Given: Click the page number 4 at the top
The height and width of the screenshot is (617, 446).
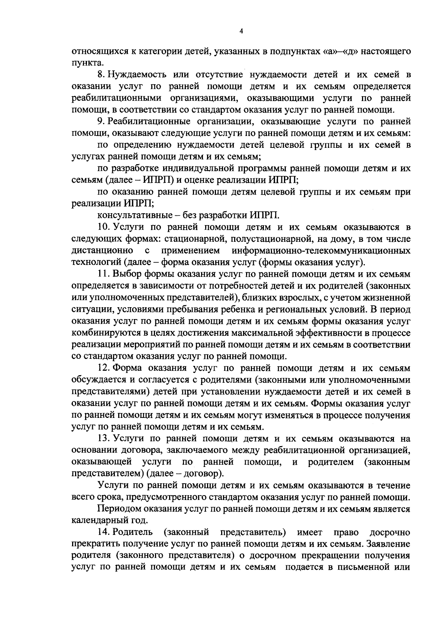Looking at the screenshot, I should click(241, 32).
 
